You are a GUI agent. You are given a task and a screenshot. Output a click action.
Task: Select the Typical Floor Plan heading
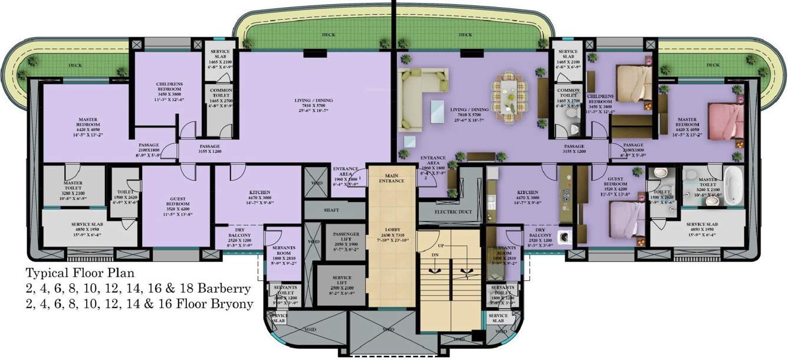[x=80, y=273]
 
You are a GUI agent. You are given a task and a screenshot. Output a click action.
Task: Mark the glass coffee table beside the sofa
[x=437, y=110]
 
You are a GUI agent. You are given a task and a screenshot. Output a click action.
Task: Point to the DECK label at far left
[x=75, y=66]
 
